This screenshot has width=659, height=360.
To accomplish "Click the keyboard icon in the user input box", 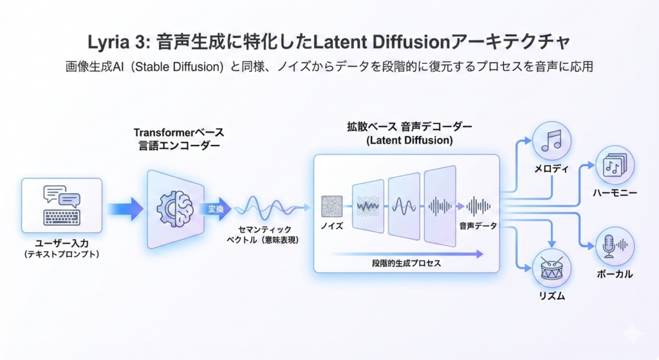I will pos(62,218).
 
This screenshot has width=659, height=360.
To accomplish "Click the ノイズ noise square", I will pos(333,206).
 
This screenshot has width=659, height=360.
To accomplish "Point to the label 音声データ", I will pos(478,226).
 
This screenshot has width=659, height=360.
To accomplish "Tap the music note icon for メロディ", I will pos(552,140).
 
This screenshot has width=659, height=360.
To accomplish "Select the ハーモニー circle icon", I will pos(615,166).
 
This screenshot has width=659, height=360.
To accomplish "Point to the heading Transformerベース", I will pos(179,133).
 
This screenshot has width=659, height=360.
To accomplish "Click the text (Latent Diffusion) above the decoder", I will pos(408,140).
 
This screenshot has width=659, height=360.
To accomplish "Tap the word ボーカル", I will pos(614,274).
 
